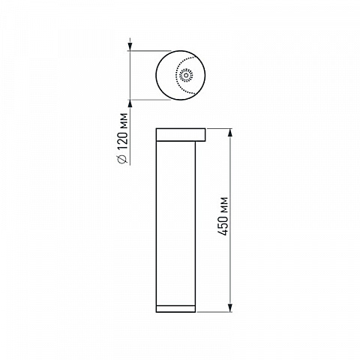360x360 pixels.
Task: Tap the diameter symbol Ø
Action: pyautogui.click(x=122, y=157)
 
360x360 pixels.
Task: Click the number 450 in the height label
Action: pyautogui.click(x=223, y=226)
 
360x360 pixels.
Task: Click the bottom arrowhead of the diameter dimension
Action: pyautogui.click(x=130, y=104)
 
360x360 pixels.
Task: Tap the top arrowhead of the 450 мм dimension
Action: pyautogui.click(x=230, y=133)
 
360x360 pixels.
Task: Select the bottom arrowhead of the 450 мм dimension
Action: pyautogui.click(x=230, y=307)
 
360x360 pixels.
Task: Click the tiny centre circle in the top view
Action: pyautogui.click(x=186, y=75)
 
